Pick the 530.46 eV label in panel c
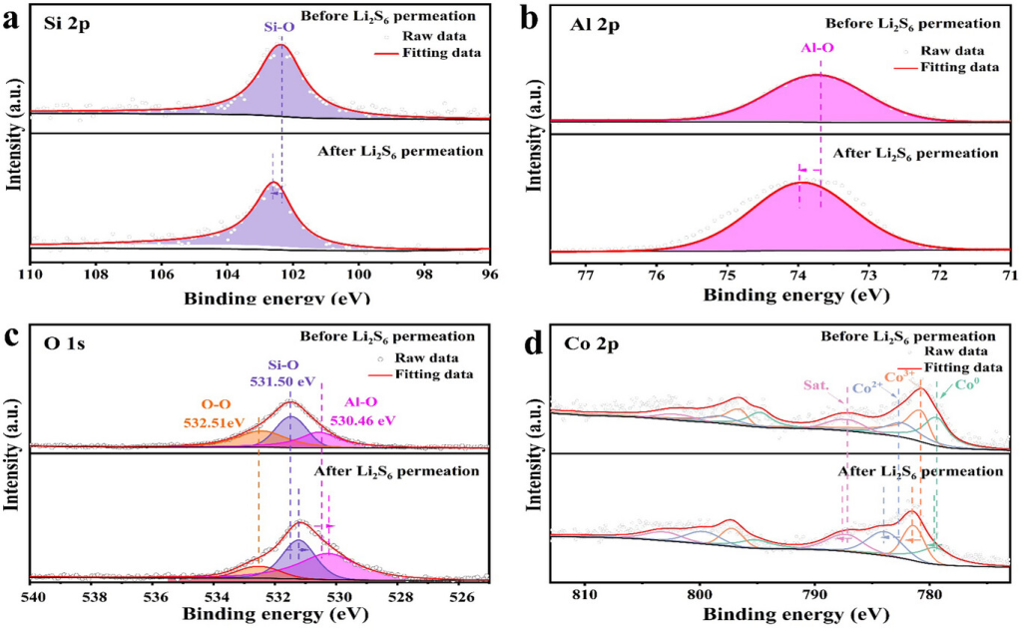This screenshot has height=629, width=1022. point(369,420)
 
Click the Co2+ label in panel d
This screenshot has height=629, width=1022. point(868,389)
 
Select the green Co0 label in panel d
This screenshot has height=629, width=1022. point(967,384)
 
